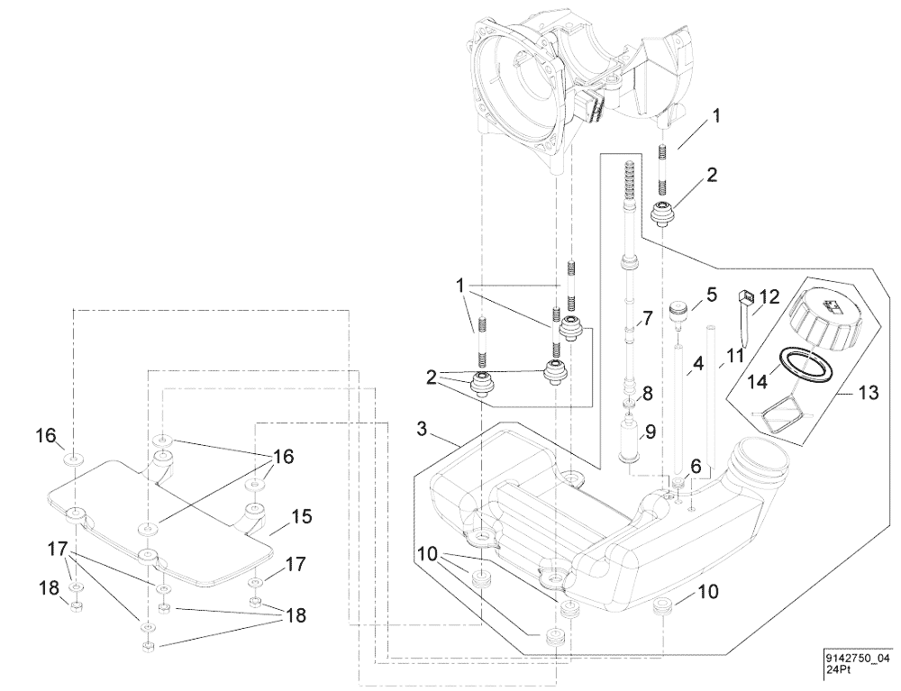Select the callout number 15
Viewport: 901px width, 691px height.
301,517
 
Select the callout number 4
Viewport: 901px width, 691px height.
696,365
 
